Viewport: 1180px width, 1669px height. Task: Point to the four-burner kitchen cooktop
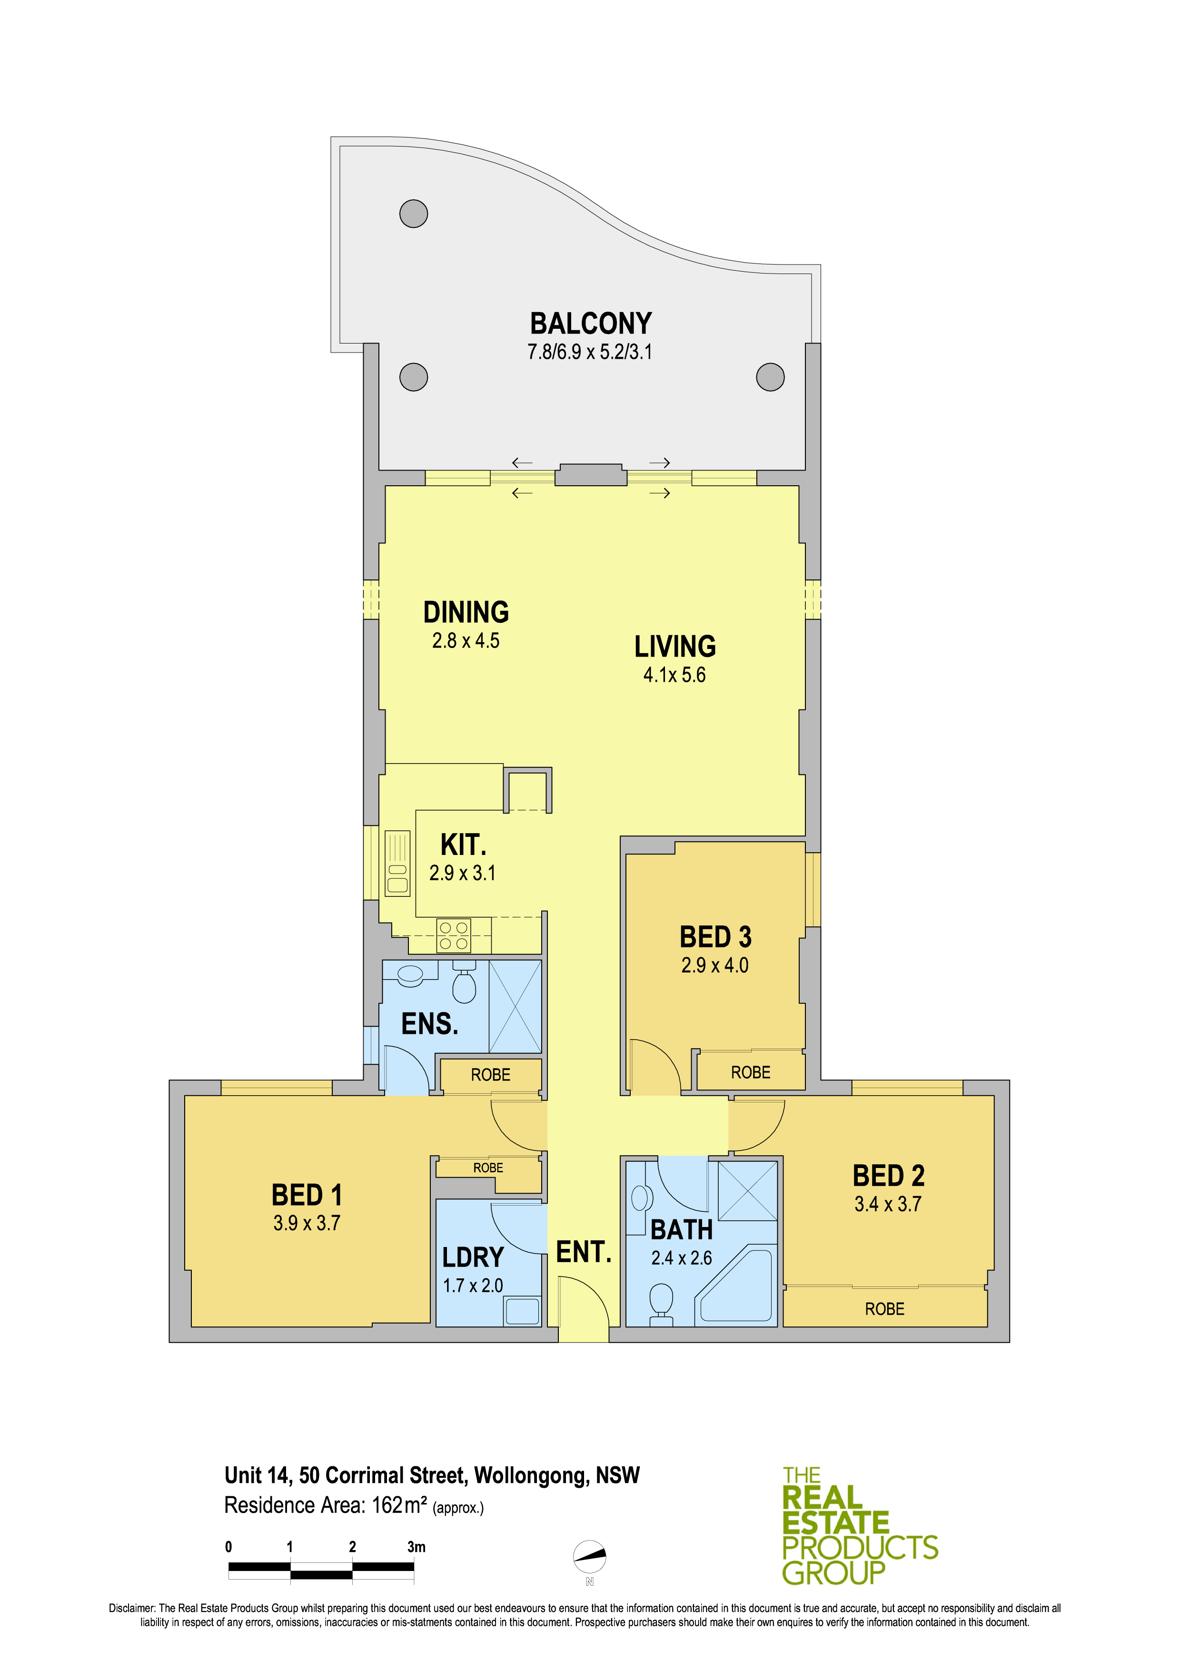coord(454,935)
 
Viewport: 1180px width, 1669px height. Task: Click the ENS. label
coord(430,1024)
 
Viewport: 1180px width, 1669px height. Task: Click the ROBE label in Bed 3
coord(750,1072)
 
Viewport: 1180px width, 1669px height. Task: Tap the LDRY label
coord(473,1257)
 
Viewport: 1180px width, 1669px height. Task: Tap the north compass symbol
coord(590,1556)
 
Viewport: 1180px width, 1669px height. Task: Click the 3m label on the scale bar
coord(416,1547)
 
